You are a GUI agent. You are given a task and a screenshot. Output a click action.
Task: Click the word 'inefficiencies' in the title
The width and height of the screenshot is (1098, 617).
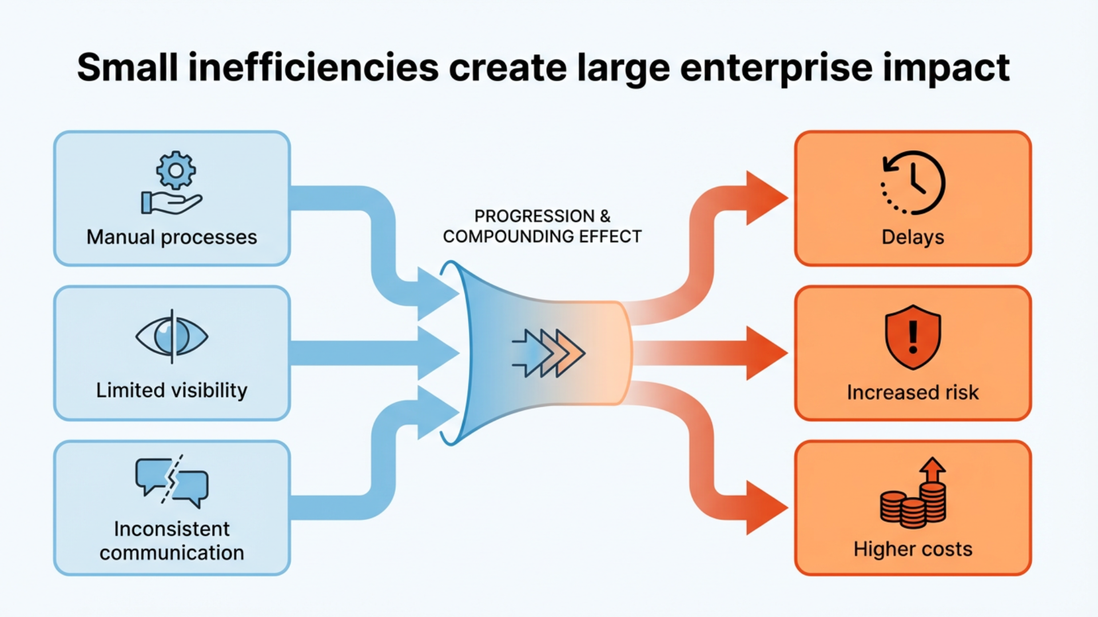click(313, 67)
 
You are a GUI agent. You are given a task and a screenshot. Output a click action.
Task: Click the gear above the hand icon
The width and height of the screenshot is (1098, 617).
click(176, 170)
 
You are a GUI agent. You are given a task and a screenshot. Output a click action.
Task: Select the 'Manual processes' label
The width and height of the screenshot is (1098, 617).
click(172, 237)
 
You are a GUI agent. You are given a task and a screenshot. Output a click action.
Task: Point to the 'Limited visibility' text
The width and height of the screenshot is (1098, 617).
click(172, 390)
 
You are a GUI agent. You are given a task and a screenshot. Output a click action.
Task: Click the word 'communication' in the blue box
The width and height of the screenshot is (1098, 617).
click(172, 552)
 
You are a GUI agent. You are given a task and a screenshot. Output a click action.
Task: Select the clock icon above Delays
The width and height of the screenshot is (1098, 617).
click(913, 183)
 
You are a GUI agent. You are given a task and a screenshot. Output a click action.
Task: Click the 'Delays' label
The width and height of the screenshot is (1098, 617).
click(913, 237)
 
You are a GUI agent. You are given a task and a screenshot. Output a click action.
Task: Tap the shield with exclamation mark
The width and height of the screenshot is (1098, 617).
click(913, 337)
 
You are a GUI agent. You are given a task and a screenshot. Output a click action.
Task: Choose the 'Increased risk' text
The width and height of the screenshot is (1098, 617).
click(913, 392)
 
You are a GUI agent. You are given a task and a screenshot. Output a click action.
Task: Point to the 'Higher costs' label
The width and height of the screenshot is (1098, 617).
click(913, 549)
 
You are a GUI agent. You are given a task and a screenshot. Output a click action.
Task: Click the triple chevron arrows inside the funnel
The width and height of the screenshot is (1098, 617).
click(548, 353)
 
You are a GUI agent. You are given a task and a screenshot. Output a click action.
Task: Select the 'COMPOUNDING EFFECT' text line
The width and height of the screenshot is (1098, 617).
click(542, 237)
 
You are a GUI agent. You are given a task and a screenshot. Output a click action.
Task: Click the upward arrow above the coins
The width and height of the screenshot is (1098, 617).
click(933, 470)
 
